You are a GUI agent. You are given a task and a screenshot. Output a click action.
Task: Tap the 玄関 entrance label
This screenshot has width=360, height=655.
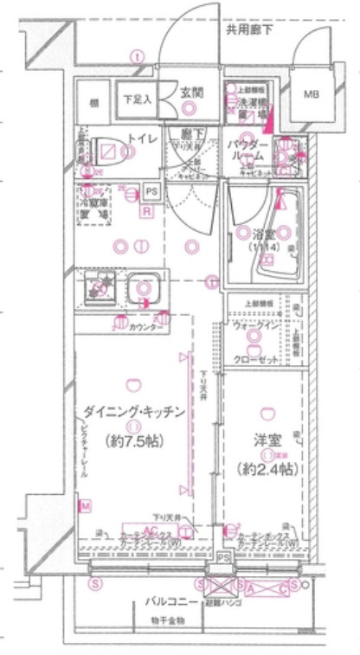tap(191, 90)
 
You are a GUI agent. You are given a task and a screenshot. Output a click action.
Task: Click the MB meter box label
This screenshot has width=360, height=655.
tap(309, 95)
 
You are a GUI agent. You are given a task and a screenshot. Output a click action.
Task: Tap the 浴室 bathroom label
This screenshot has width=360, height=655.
tap(265, 233)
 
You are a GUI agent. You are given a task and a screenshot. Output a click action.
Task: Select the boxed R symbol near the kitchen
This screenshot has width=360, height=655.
tap(147, 210)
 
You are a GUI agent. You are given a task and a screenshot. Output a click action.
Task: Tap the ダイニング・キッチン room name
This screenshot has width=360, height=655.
tap(134, 412)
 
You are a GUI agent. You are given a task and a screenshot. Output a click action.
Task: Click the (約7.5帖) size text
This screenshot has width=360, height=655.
tap(134, 439)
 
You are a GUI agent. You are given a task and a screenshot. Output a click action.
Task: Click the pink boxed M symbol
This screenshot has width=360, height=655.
tap(85, 504)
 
